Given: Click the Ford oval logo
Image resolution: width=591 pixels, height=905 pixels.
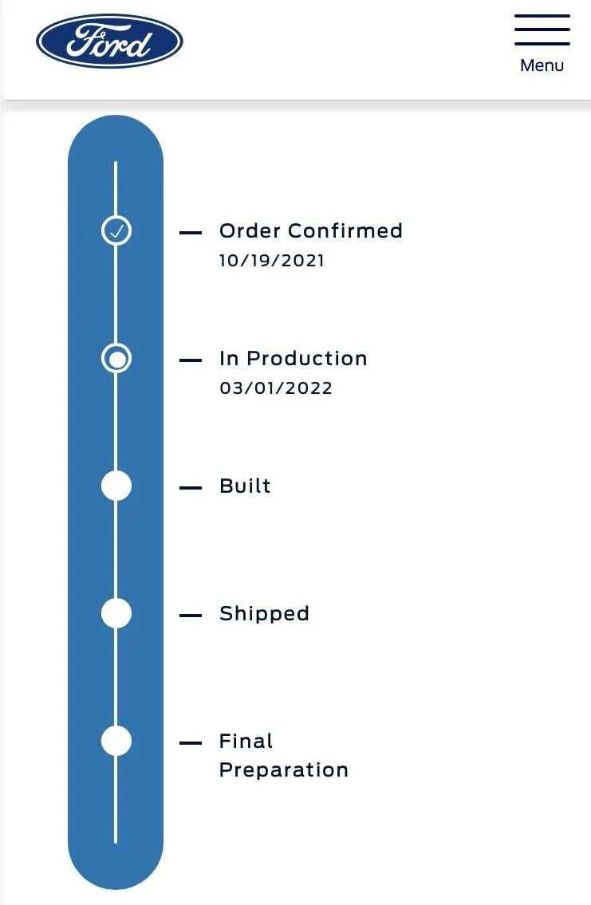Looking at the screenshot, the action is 109,41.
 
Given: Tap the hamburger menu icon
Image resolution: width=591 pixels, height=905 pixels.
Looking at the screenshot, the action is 542,30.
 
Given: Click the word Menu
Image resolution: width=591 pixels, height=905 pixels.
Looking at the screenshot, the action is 542,65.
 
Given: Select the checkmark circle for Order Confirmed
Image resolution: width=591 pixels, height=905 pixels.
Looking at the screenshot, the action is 116,231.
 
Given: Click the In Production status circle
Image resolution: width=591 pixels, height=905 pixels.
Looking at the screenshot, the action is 116,359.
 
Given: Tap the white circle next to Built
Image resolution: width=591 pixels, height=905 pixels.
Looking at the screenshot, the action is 116,486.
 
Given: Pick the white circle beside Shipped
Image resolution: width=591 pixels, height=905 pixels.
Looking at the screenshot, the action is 116,613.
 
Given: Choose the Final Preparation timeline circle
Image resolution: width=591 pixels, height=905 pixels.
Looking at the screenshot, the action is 116,741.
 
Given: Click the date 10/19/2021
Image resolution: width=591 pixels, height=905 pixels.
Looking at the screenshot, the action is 272,261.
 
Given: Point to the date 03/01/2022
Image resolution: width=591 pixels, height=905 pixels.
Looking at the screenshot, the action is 276,388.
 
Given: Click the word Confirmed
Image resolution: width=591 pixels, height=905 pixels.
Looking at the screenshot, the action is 345,231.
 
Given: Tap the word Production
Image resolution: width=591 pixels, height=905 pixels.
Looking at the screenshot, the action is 307,359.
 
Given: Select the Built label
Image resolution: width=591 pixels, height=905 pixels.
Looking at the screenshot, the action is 245,486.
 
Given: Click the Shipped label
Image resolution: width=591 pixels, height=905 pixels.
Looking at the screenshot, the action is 264,614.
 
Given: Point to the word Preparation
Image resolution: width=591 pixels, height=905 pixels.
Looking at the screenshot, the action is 284,771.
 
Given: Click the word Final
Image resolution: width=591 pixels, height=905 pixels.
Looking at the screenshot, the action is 246,741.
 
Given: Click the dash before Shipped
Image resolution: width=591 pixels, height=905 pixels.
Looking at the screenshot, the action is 191,616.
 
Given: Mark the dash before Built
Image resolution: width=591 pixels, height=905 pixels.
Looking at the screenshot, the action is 191,488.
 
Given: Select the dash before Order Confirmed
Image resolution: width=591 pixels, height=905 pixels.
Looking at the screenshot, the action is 191,233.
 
